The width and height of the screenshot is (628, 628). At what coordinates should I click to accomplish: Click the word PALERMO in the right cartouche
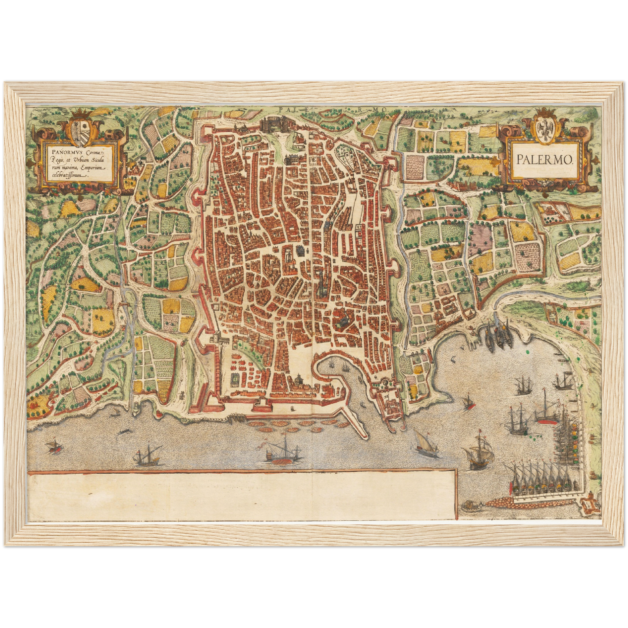[545, 159]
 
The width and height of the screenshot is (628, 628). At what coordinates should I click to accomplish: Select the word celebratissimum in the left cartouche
[67, 177]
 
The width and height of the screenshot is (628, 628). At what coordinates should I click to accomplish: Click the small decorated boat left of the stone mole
[469, 505]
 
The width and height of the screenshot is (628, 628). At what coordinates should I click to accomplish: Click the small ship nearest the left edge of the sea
[53, 446]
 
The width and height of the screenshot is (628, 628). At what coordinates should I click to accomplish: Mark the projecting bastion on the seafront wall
[260, 406]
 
